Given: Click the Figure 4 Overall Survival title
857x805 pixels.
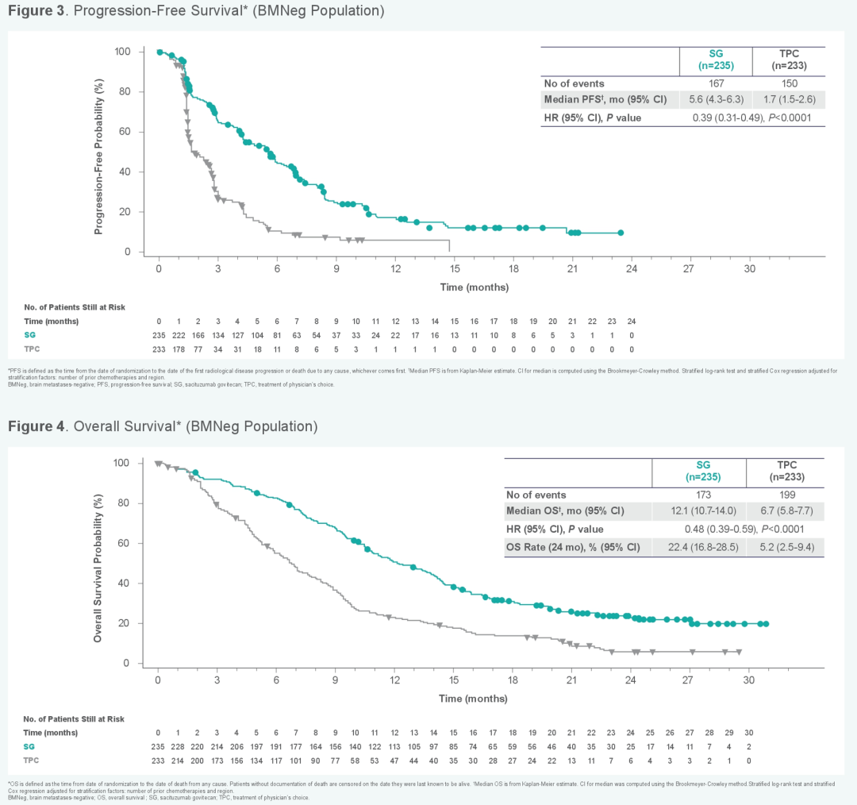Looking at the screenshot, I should (163, 426).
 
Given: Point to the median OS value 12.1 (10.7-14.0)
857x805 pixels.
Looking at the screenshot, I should (698, 510).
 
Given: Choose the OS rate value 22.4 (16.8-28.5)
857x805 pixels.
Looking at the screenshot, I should (698, 547).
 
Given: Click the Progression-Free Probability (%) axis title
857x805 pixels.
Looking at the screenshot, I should (99, 152).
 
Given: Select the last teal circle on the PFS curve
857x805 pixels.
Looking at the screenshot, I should (621, 233).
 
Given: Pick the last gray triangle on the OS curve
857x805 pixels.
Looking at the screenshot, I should (739, 652).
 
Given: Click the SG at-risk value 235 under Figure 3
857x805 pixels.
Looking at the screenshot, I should (159, 335).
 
